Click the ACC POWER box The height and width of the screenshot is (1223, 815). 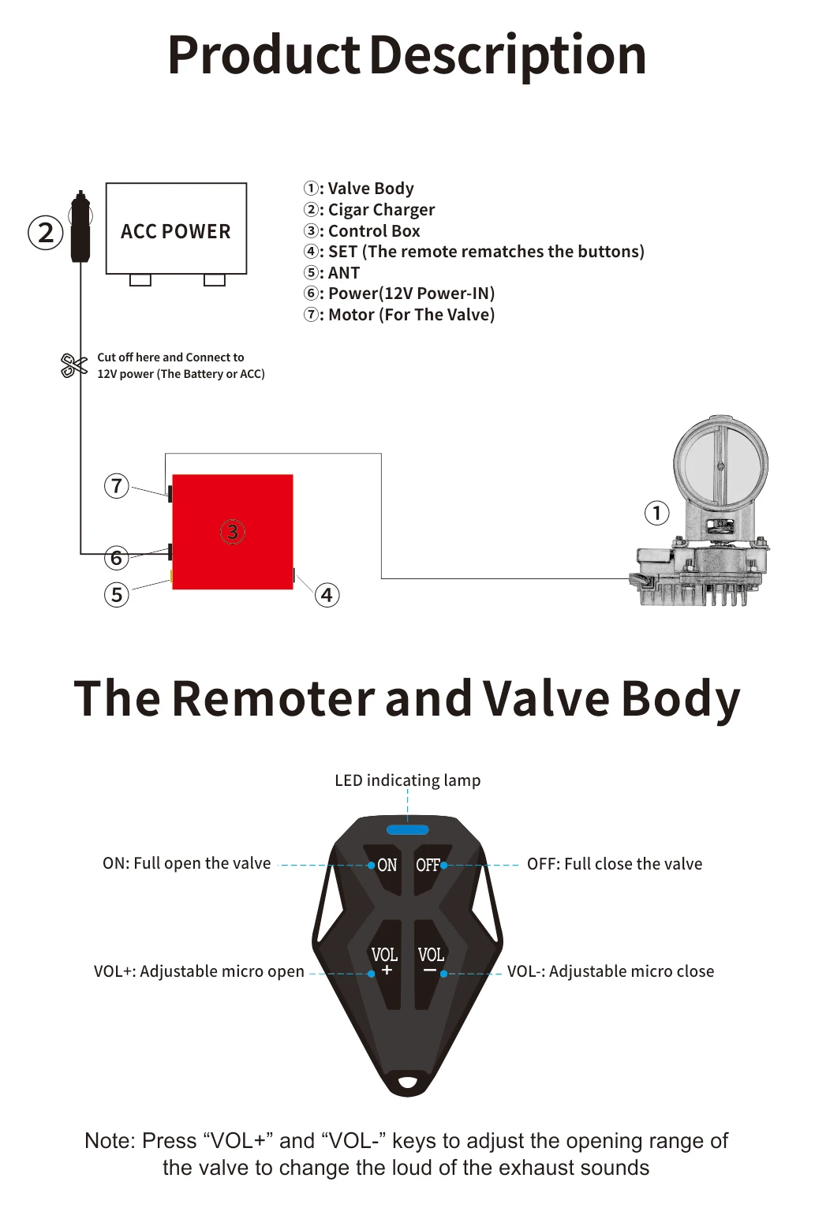[x=176, y=229]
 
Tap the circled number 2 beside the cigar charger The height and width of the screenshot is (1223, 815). [x=46, y=233]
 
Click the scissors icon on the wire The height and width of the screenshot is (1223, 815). [x=73, y=365]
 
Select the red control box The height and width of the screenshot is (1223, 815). [x=233, y=531]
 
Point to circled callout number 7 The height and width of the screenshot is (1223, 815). [x=117, y=485]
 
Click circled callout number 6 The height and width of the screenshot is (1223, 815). [x=117, y=558]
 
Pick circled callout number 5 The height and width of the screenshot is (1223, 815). [x=117, y=594]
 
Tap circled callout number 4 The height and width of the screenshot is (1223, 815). [x=327, y=595]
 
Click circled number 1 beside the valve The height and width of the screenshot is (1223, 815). [x=656, y=513]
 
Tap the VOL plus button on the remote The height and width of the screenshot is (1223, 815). [x=386, y=963]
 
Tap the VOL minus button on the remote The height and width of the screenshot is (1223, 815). [x=430, y=963]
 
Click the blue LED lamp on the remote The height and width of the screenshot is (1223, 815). [x=408, y=830]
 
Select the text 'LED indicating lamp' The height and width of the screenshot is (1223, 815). [x=407, y=780]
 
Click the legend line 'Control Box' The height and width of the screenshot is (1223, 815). [x=362, y=231]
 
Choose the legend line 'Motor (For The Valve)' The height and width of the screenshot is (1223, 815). [x=400, y=315]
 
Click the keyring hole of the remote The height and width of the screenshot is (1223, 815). [x=408, y=1082]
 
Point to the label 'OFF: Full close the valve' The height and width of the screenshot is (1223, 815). [x=614, y=864]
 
